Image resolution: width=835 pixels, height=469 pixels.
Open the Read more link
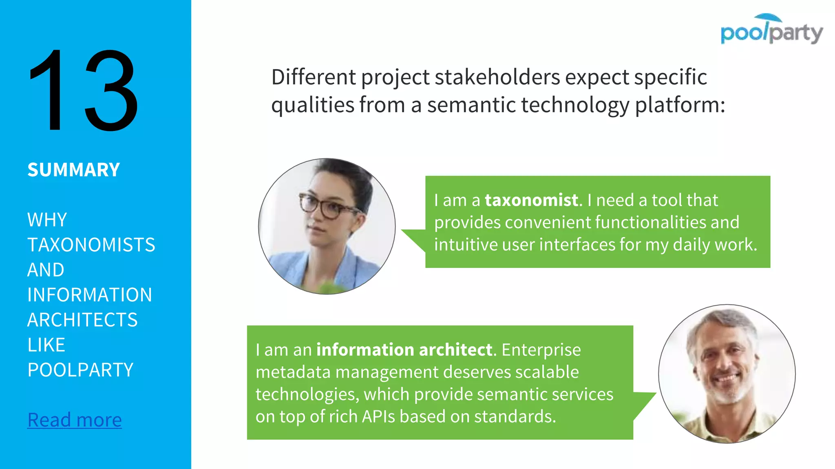74,420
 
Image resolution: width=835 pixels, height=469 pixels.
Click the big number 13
84,90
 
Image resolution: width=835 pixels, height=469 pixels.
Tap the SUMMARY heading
74,170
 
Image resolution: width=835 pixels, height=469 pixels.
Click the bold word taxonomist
531,200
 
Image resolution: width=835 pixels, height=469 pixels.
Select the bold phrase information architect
404,350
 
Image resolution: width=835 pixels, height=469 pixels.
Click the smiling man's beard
728,393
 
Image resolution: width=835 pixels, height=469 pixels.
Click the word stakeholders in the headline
497,77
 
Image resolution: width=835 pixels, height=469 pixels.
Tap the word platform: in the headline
680,105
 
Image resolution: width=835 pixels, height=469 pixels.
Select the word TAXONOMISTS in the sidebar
91,245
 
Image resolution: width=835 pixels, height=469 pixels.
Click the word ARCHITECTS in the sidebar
82,320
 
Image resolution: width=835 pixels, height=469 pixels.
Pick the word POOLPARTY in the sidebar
80,370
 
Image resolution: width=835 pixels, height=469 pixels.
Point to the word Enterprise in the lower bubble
541,350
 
